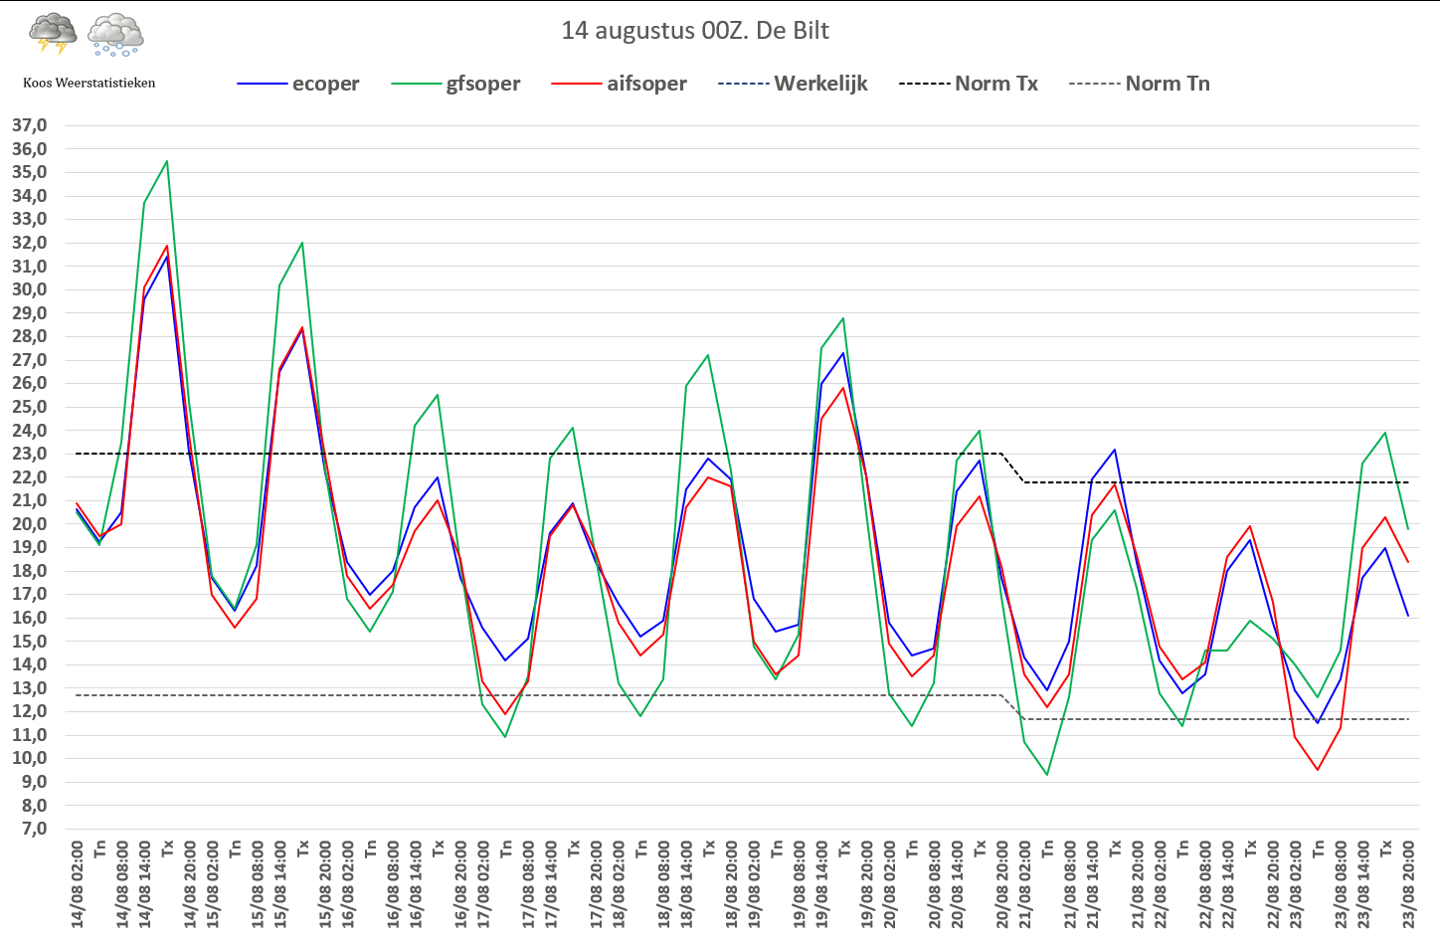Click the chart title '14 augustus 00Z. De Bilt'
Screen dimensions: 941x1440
(x=695, y=31)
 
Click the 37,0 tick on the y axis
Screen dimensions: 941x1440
(x=30, y=125)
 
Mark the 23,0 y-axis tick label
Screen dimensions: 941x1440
(x=30, y=454)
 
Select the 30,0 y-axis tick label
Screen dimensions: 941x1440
(x=30, y=289)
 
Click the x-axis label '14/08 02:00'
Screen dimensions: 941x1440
(x=78, y=884)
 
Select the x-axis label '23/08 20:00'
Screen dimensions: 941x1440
(x=1408, y=884)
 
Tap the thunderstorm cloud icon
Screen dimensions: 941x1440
(x=54, y=33)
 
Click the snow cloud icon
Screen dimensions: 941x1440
(x=116, y=34)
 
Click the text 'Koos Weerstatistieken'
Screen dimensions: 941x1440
(x=90, y=83)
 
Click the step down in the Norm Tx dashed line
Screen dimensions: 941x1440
(x=1012, y=469)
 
